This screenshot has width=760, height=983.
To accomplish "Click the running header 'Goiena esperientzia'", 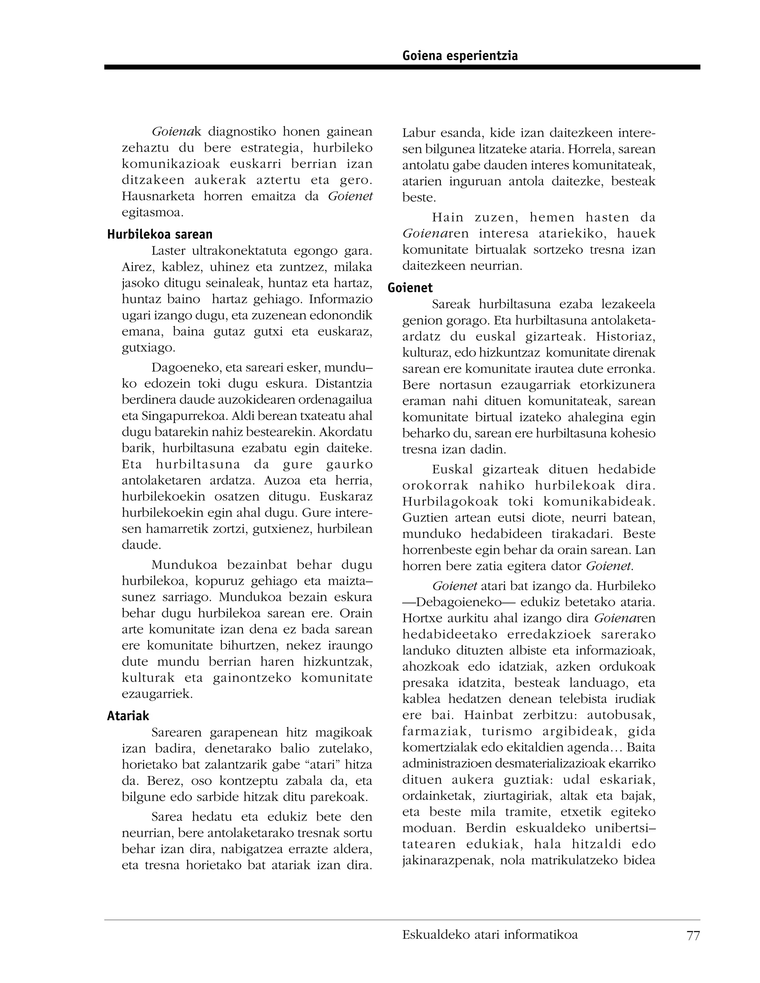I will point(460,56).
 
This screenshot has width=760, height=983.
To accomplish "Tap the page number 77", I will point(693,935).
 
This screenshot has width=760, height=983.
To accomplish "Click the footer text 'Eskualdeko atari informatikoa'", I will point(490,934).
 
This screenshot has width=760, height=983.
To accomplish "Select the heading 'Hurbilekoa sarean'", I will point(160,234).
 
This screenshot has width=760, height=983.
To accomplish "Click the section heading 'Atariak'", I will point(128,716).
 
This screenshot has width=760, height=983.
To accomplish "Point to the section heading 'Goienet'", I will point(410,288).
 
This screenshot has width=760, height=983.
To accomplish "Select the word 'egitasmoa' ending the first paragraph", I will point(152,213).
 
